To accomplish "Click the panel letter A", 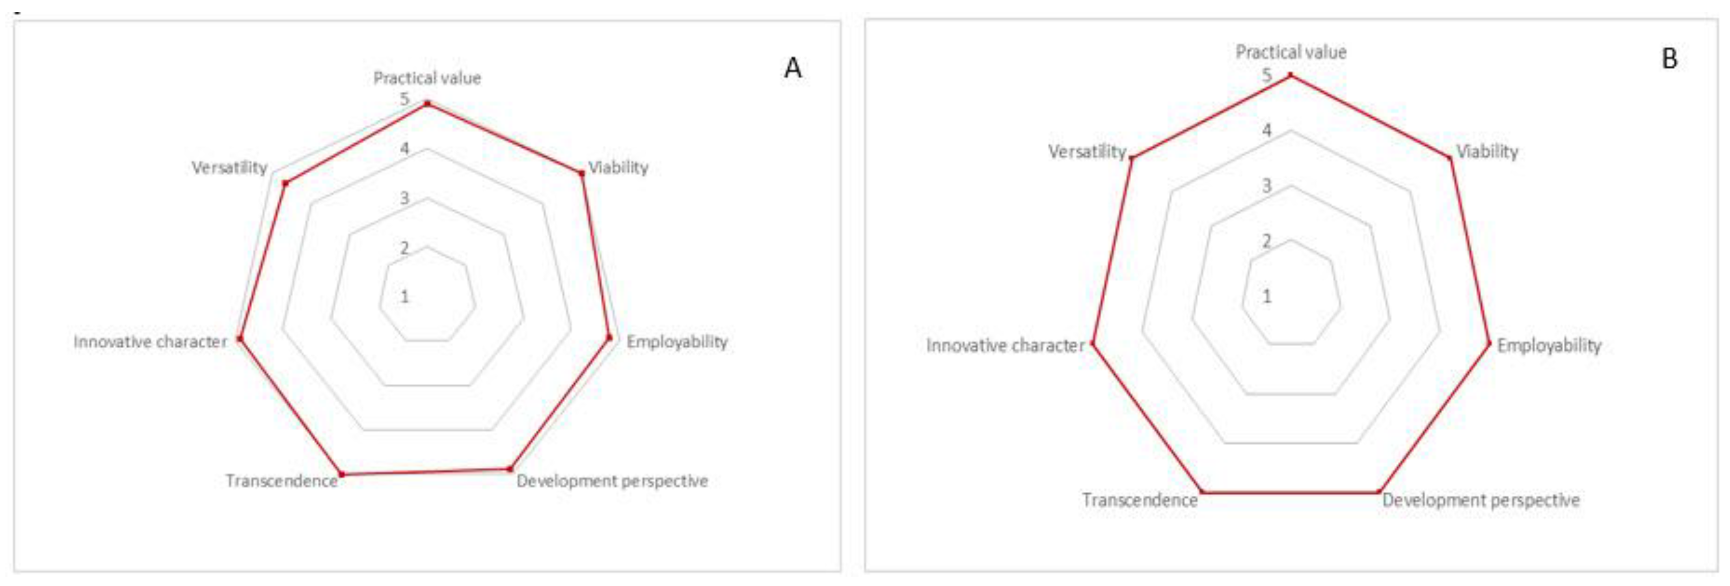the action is pyautogui.click(x=793, y=68).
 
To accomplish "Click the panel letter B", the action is pyautogui.click(x=1670, y=59).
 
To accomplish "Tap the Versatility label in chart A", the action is pyautogui.click(x=229, y=167).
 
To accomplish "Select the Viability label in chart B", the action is pyautogui.click(x=1487, y=152).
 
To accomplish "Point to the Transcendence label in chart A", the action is pyautogui.click(x=282, y=481).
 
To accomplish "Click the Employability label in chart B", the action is pyautogui.click(x=1549, y=345).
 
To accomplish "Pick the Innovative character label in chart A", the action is pyautogui.click(x=151, y=342).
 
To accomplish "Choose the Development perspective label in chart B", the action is pyautogui.click(x=1480, y=500).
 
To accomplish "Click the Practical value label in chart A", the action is pyautogui.click(x=427, y=78).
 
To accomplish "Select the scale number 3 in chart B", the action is pyautogui.click(x=1266, y=185).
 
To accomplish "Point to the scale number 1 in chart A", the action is pyautogui.click(x=404, y=296).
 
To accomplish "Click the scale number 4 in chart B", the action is pyautogui.click(x=1266, y=130).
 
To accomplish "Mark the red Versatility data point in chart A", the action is pyautogui.click(x=285, y=182).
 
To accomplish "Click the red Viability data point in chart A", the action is pyautogui.click(x=582, y=173).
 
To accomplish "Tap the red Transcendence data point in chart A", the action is pyautogui.click(x=342, y=475).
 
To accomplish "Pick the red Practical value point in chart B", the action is pyautogui.click(x=1290, y=75).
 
